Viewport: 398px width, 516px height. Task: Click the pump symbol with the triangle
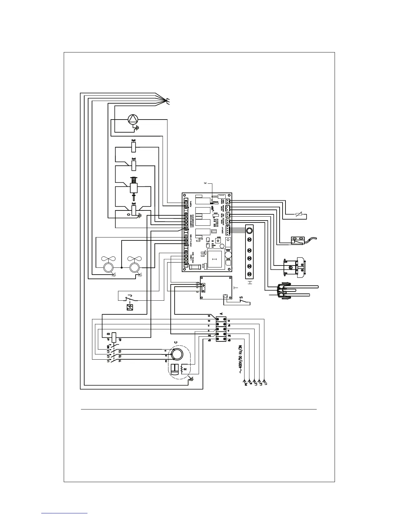point(133,120)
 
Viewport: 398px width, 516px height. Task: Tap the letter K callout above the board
point(205,183)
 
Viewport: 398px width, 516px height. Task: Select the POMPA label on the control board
point(191,204)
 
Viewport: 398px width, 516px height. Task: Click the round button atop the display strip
point(249,231)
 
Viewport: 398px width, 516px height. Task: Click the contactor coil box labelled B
point(114,336)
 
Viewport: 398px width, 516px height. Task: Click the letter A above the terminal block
point(221,313)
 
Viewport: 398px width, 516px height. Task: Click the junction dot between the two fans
point(122,268)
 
